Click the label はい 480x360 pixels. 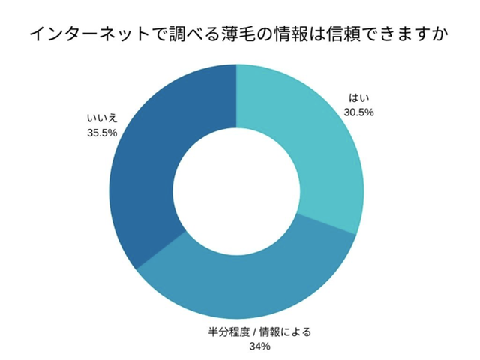[x=359, y=98]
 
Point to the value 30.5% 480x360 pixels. [x=358, y=112]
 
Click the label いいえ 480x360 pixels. [x=102, y=118]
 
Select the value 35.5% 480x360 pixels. [x=102, y=133]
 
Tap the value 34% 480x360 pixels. [x=260, y=346]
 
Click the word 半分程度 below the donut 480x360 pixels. [x=229, y=331]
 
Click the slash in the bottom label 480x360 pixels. [x=254, y=331]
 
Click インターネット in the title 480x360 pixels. [x=89, y=34]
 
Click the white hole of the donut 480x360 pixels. [x=237, y=191]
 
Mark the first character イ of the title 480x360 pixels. [x=38, y=34]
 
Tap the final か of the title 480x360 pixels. [x=440, y=34]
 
